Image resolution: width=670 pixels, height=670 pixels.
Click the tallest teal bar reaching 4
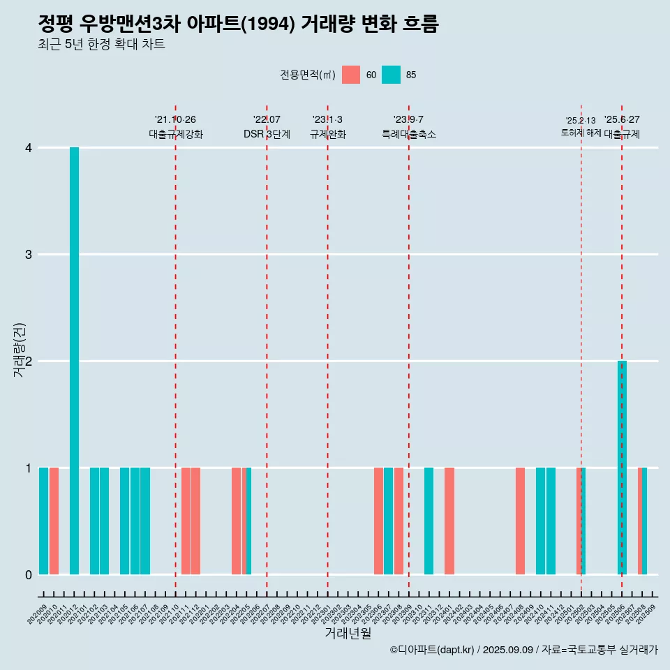(74, 361)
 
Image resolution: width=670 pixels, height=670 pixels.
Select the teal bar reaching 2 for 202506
(622, 468)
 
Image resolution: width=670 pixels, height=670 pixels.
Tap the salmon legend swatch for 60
(351, 75)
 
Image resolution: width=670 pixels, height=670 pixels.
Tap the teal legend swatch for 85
(391, 75)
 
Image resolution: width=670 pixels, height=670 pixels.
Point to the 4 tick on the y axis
(29, 148)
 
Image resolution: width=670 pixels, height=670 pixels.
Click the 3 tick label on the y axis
(29, 255)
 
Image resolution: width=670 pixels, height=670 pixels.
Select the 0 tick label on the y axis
(29, 575)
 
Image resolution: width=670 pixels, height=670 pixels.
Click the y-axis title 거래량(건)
(20, 349)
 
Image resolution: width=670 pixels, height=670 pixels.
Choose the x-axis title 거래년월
(348, 634)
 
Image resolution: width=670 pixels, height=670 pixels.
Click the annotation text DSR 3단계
(267, 134)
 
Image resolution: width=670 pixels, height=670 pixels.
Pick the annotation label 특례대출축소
(409, 134)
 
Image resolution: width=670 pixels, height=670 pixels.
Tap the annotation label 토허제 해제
(581, 133)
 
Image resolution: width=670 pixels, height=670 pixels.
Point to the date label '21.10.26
(175, 119)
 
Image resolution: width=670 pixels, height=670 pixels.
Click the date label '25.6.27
(622, 119)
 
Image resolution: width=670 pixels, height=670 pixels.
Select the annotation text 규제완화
(328, 134)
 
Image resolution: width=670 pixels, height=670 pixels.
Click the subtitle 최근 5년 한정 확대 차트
(101, 45)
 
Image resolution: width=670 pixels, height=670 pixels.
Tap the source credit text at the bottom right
(523, 650)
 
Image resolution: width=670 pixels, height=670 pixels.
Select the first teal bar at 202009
(43, 521)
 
